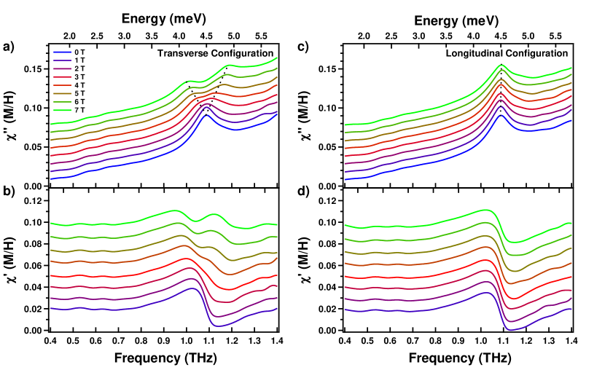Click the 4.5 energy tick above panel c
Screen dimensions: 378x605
click(501, 34)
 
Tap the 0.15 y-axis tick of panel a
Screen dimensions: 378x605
click(36, 69)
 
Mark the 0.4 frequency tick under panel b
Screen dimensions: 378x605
click(50, 340)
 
